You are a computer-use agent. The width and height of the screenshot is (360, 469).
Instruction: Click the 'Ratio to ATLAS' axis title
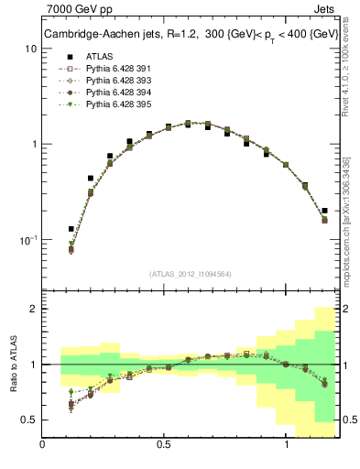tap(12, 364)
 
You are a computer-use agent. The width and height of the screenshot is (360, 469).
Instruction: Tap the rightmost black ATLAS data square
tap(325, 211)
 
